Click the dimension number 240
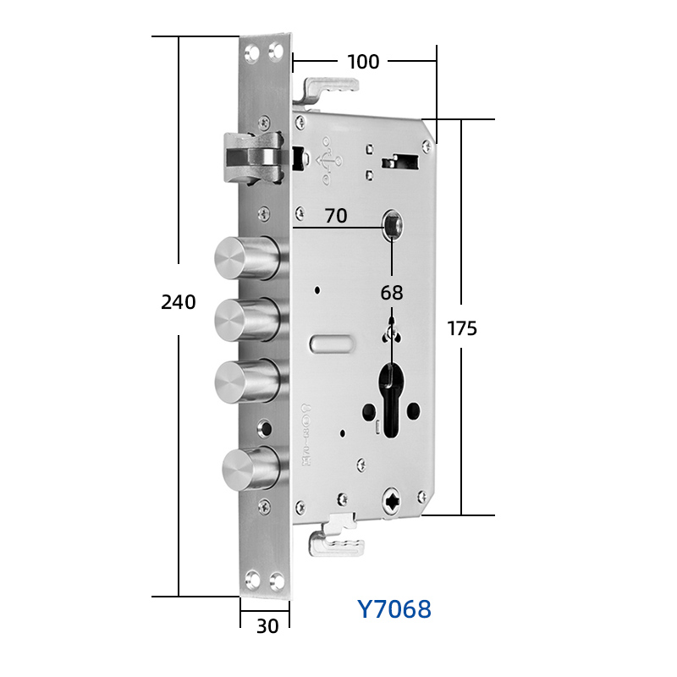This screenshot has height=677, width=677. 179,302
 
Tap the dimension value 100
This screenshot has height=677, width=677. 363,62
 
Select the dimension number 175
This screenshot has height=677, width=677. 462,328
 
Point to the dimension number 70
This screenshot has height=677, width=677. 336,216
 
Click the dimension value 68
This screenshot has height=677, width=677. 392,293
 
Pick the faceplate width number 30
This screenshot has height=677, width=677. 267,626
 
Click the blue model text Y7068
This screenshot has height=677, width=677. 394,609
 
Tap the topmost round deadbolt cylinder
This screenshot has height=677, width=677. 247,258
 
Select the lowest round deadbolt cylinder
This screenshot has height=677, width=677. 251,469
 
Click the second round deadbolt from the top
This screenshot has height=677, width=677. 247,320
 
